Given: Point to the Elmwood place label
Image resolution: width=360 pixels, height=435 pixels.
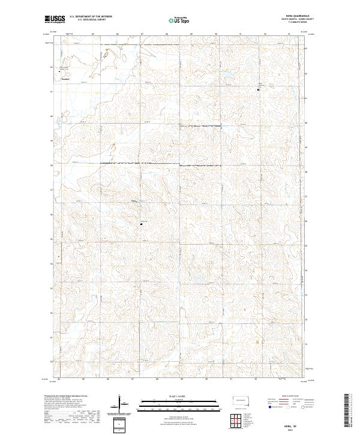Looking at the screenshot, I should coord(65,78).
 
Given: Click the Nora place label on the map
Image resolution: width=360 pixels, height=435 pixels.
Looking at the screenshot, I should coord(134,201).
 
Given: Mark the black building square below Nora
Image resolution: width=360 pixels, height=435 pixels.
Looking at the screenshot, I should coord(142,224).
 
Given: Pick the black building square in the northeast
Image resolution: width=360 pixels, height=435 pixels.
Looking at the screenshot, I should coord(259,89).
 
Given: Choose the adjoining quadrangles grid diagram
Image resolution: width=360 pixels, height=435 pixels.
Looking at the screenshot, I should coord(239,422).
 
